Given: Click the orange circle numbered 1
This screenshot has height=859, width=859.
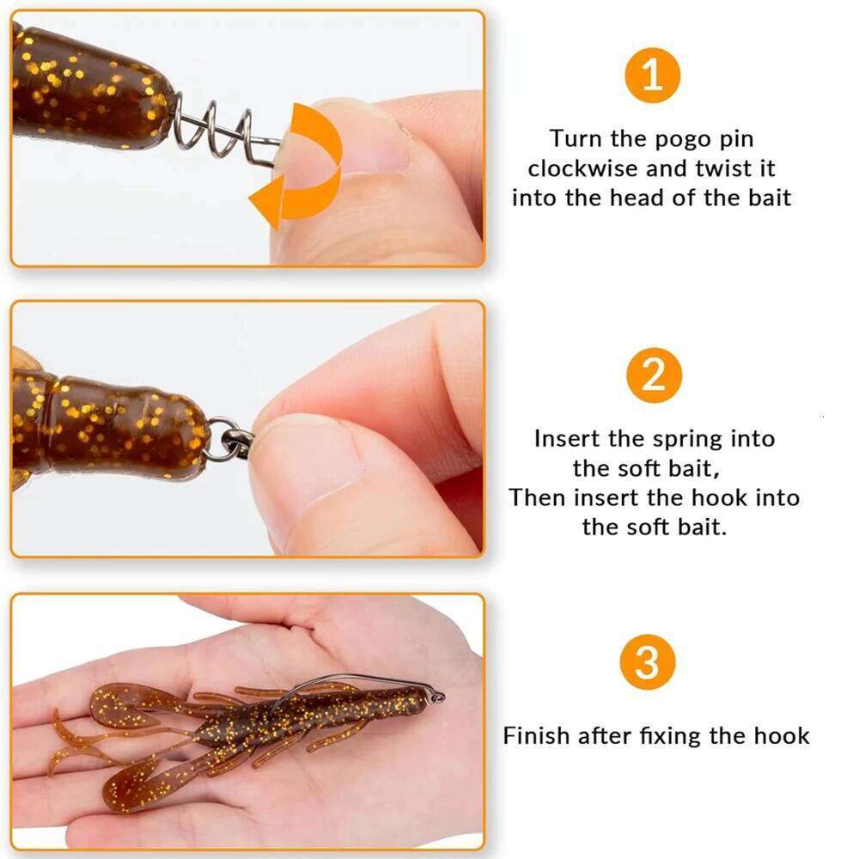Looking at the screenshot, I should [x=652, y=76].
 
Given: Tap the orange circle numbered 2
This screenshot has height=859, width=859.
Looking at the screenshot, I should [x=652, y=376].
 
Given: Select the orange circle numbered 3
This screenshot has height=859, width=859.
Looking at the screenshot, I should [x=648, y=663].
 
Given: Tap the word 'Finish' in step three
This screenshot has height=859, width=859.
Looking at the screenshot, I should [x=537, y=735].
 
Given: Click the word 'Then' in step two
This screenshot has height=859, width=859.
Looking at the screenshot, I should [x=538, y=498].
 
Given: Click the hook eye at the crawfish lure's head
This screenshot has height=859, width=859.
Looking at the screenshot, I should [x=438, y=697].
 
